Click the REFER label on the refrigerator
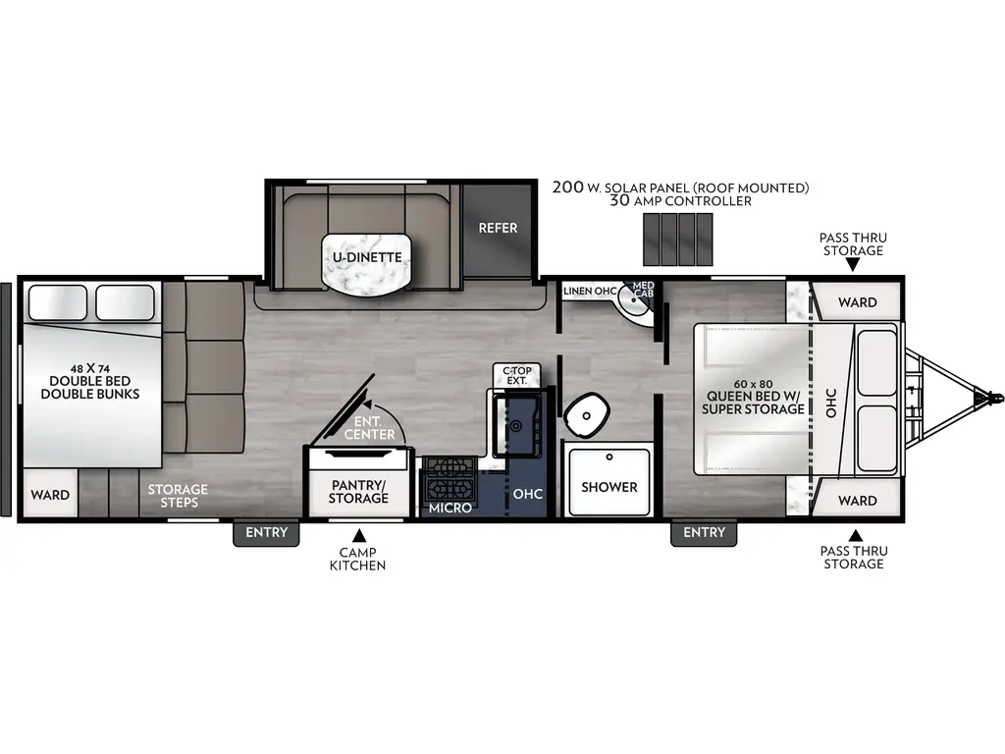[x=498, y=228]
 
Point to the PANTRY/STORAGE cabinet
[x=358, y=491]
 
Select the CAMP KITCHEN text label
[x=357, y=559]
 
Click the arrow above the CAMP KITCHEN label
[x=358, y=535]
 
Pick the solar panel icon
[x=677, y=239]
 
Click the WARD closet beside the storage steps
[x=49, y=495]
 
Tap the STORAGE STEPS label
[x=179, y=496]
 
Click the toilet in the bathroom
[x=587, y=415]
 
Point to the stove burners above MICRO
[x=450, y=478]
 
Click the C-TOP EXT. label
[x=516, y=376]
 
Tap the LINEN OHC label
[x=589, y=292]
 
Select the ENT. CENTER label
[x=375, y=428]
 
